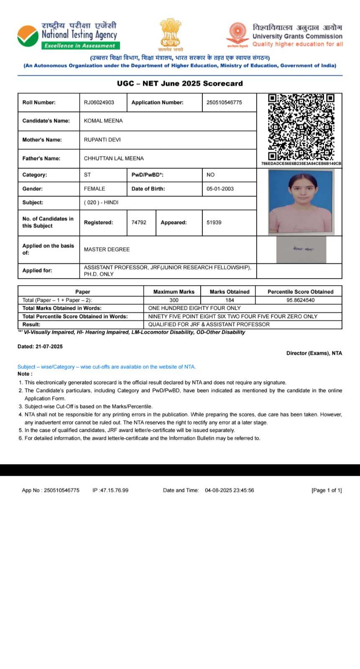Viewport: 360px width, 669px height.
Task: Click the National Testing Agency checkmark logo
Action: pos(28,36)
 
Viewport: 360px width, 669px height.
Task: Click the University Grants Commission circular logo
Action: pos(237,33)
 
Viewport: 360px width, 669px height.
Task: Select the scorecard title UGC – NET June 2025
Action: pos(180,83)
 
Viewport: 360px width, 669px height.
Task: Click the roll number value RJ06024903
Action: pos(99,102)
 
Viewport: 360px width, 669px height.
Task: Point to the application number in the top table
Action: pos(224,102)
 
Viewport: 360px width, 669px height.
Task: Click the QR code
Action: pos(301,127)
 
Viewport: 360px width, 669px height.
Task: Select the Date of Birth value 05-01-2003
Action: pos(220,189)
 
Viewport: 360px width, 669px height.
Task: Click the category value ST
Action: pos(87,175)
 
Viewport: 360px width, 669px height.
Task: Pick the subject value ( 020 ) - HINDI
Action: pos(101,202)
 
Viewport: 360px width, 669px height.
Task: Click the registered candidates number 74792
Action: pos(139,222)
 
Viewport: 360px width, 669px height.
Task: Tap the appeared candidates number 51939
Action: pos(214,222)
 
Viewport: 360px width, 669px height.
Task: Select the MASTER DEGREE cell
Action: pos(107,250)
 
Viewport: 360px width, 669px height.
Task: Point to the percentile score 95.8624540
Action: pos(300,300)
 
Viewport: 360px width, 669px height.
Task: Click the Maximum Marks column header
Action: pos(174,292)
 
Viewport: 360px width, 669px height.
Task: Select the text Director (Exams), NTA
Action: pos(314,353)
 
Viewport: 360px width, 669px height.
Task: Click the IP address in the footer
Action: pos(110,490)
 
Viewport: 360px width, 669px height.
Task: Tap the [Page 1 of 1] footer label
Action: pos(327,490)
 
